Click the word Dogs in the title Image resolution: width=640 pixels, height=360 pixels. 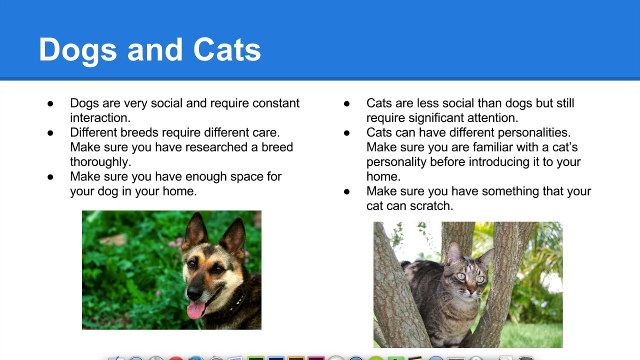[77, 50]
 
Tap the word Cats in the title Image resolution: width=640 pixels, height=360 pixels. [227, 49]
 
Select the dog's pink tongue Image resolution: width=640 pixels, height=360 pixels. [196, 310]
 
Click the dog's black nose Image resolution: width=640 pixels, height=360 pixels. [195, 291]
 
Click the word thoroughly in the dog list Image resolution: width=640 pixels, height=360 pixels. [100, 162]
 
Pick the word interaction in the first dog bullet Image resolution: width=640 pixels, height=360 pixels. [100, 118]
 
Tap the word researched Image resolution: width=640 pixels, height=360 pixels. [216, 147]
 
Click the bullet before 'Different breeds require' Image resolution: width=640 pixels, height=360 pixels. [50, 133]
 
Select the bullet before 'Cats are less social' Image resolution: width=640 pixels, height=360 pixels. [347, 103]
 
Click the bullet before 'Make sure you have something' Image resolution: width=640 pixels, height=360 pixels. [347, 191]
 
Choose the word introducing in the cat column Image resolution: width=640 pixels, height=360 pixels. [499, 162]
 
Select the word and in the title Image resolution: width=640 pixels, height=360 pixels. [155, 49]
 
